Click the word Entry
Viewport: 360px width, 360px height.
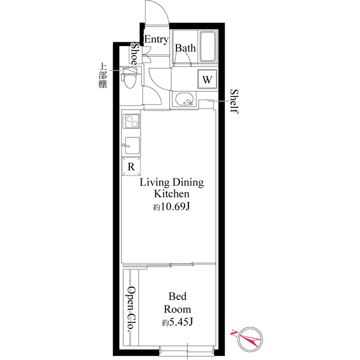(x=156, y=39)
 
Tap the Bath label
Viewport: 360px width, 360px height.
(x=185, y=48)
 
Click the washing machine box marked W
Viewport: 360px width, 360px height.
(x=207, y=79)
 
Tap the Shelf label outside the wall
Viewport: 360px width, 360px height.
(x=234, y=101)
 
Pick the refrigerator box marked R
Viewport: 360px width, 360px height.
(x=131, y=166)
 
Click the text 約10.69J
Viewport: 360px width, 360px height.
(x=172, y=207)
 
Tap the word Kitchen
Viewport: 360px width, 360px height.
(x=172, y=194)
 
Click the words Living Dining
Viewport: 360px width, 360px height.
(x=172, y=183)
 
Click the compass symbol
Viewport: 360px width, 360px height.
(x=249, y=339)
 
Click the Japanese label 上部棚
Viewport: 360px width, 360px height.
(x=103, y=75)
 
